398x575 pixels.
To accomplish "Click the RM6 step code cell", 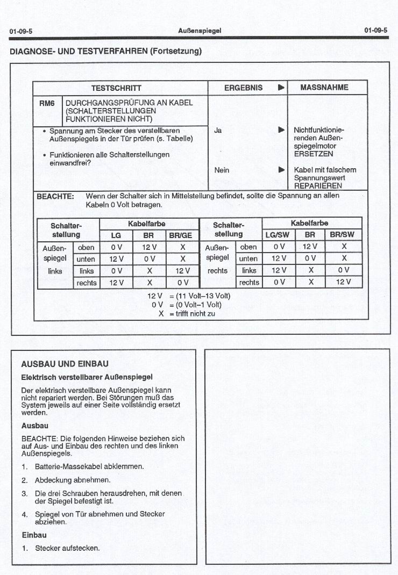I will click(47, 103).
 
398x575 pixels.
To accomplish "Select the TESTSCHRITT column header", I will click(116, 88).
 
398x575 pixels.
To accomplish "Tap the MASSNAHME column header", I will click(324, 88).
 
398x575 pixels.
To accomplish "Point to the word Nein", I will click(222, 170).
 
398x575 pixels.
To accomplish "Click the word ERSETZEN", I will click(313, 154).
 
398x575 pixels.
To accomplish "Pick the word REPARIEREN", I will click(318, 186).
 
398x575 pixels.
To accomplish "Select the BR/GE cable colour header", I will click(183, 235).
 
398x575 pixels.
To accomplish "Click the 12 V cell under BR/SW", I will click(343, 282).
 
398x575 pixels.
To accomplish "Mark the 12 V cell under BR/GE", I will click(183, 271).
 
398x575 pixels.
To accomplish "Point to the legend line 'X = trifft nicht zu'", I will click(186, 314).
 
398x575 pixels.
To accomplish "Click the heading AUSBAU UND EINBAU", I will click(65, 363).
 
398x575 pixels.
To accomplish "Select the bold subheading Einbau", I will click(34, 535).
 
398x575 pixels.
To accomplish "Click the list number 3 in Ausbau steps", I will click(24, 493).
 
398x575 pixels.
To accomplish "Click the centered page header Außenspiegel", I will click(200, 31).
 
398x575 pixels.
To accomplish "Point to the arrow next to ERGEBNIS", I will click(281, 88).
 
